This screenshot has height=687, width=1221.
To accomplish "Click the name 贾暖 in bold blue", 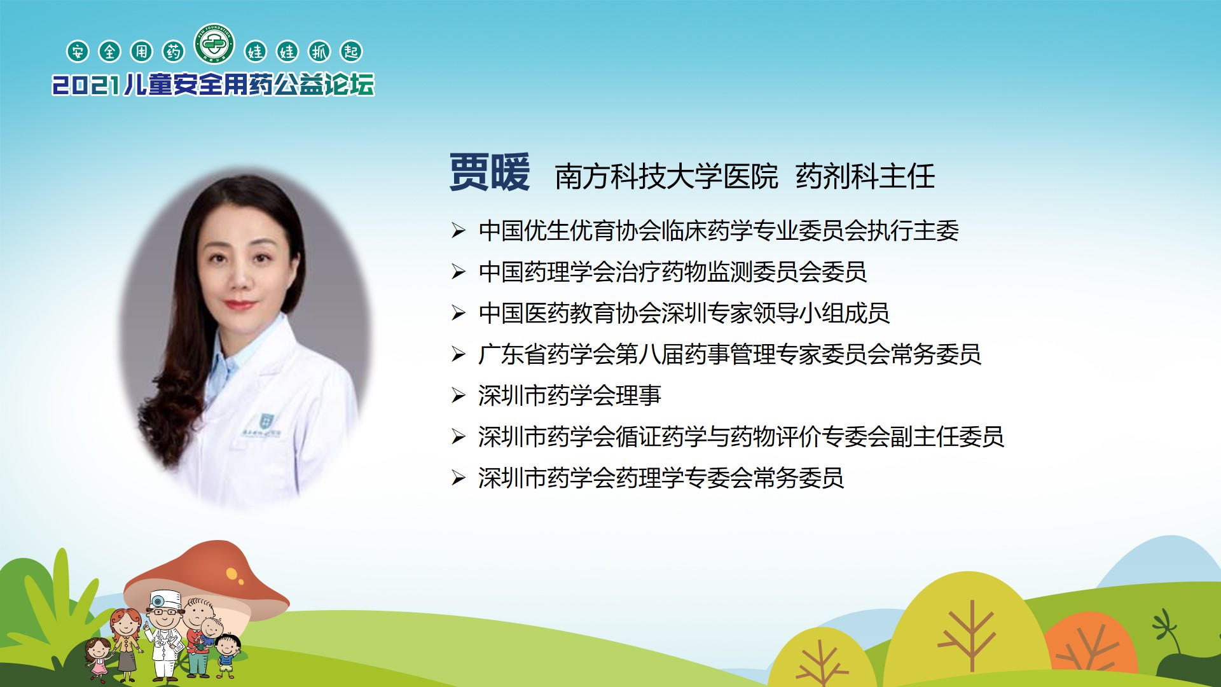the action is [x=490, y=172].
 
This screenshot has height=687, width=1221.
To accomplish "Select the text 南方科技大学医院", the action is [x=666, y=177].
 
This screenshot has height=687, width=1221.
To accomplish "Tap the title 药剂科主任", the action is [x=866, y=177].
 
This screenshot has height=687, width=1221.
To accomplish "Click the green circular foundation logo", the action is [x=215, y=44].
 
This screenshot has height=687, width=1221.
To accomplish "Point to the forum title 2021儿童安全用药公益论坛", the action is [x=214, y=85].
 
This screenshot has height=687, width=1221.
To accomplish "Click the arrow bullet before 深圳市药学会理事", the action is [x=459, y=396].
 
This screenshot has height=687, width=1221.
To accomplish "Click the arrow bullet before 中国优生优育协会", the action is [x=459, y=230].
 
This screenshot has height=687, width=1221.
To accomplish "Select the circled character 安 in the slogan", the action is [x=78, y=52].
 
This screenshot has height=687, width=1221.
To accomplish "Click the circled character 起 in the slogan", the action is [x=351, y=52].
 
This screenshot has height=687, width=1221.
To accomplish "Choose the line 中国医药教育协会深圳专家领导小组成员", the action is [x=684, y=313].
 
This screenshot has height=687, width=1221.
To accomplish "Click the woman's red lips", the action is [x=239, y=305].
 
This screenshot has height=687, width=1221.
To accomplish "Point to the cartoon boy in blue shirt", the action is [x=227, y=655].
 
